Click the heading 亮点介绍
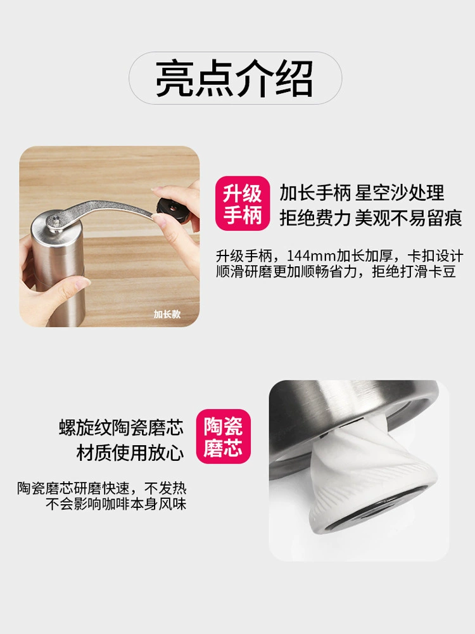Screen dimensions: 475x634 pyautogui.click(x=235, y=79)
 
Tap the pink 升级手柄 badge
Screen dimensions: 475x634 pyautogui.click(x=243, y=204)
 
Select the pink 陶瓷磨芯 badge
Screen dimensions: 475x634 pyautogui.click(x=224, y=437)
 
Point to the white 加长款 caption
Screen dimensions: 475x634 pyautogui.click(x=167, y=314)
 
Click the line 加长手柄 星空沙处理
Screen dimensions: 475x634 pyautogui.click(x=362, y=193)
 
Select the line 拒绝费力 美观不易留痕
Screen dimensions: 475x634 pyautogui.click(x=370, y=218)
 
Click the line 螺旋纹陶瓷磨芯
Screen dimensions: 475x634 pyautogui.click(x=121, y=427)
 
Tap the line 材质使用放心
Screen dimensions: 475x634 pyautogui.click(x=130, y=453)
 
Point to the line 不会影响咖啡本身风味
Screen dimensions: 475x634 pyautogui.click(x=116, y=504)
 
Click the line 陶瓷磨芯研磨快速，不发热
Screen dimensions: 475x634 pyautogui.click(x=102, y=488)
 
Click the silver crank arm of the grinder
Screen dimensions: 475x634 pyautogui.click(x=105, y=212)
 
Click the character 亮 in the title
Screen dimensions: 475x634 pyautogui.click(x=175, y=79)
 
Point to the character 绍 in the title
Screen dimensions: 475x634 pyautogui.click(x=294, y=79)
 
